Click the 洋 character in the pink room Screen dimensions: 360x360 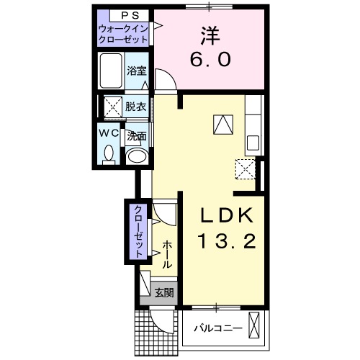[x=210, y=34]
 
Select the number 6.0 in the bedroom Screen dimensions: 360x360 [x=210, y=60]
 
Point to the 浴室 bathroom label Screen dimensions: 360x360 [x=137, y=71]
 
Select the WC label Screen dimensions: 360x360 [x=109, y=133]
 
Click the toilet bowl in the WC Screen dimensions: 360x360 [x=109, y=154]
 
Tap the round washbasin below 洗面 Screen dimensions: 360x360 [x=135, y=155]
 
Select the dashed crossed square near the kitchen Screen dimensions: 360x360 [x=245, y=170]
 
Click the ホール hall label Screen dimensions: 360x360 [x=166, y=254]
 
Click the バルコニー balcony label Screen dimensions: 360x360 [x=217, y=328]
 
